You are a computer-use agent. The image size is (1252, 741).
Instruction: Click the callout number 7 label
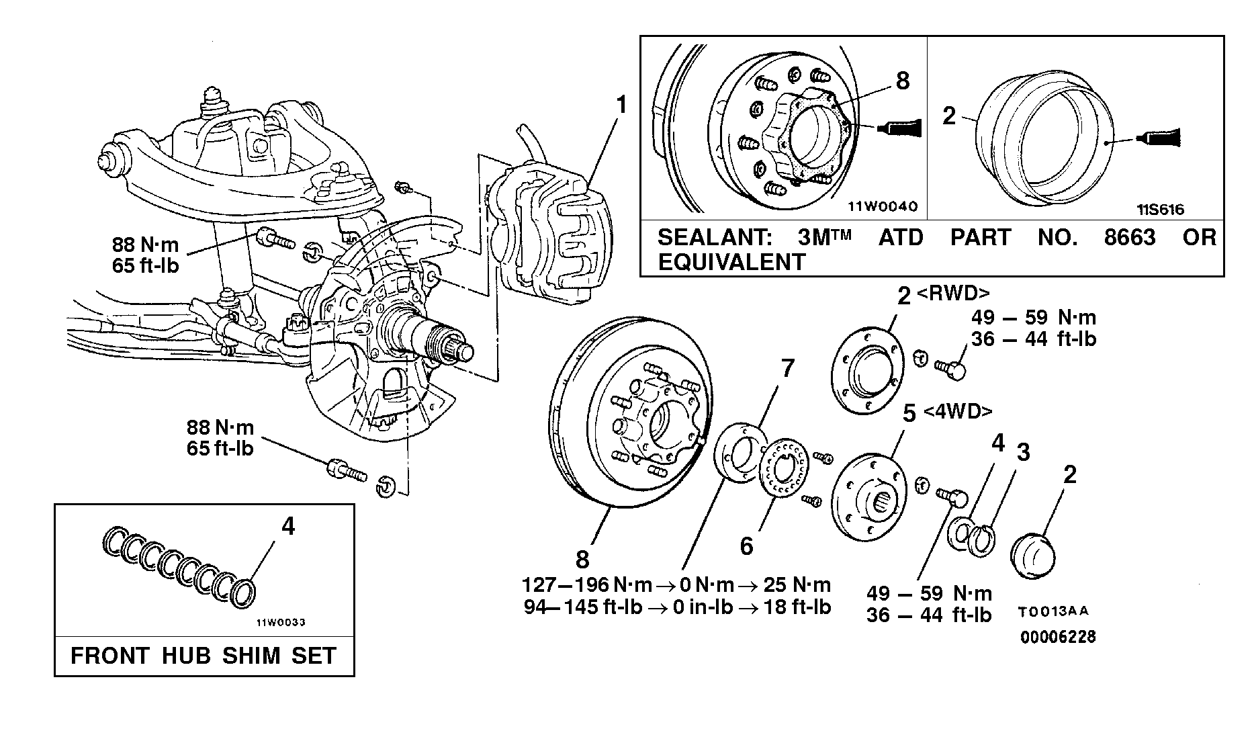pyautogui.click(x=787, y=369)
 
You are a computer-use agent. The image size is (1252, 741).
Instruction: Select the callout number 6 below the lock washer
pyautogui.click(x=747, y=547)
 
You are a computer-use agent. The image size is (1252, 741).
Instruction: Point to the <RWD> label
pyautogui.click(x=952, y=294)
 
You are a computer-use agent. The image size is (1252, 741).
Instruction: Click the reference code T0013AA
pyautogui.click(x=1053, y=613)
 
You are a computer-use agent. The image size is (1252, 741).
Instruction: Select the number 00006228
pyautogui.click(x=1058, y=637)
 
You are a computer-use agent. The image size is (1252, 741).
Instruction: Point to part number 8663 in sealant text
pyautogui.click(x=1130, y=238)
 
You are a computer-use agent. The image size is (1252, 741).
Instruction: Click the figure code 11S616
pyautogui.click(x=1160, y=210)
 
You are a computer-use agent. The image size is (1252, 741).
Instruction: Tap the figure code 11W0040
pyautogui.click(x=881, y=207)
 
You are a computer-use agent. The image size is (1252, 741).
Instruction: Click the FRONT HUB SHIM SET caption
pyautogui.click(x=204, y=656)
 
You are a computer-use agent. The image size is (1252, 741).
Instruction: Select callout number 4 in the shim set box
pyautogui.click(x=287, y=527)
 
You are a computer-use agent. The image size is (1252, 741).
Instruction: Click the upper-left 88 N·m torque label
pyautogui.click(x=145, y=245)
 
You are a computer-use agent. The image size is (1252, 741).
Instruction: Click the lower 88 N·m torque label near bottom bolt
pyautogui.click(x=220, y=428)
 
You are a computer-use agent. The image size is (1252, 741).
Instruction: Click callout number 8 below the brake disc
pyautogui.click(x=582, y=559)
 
